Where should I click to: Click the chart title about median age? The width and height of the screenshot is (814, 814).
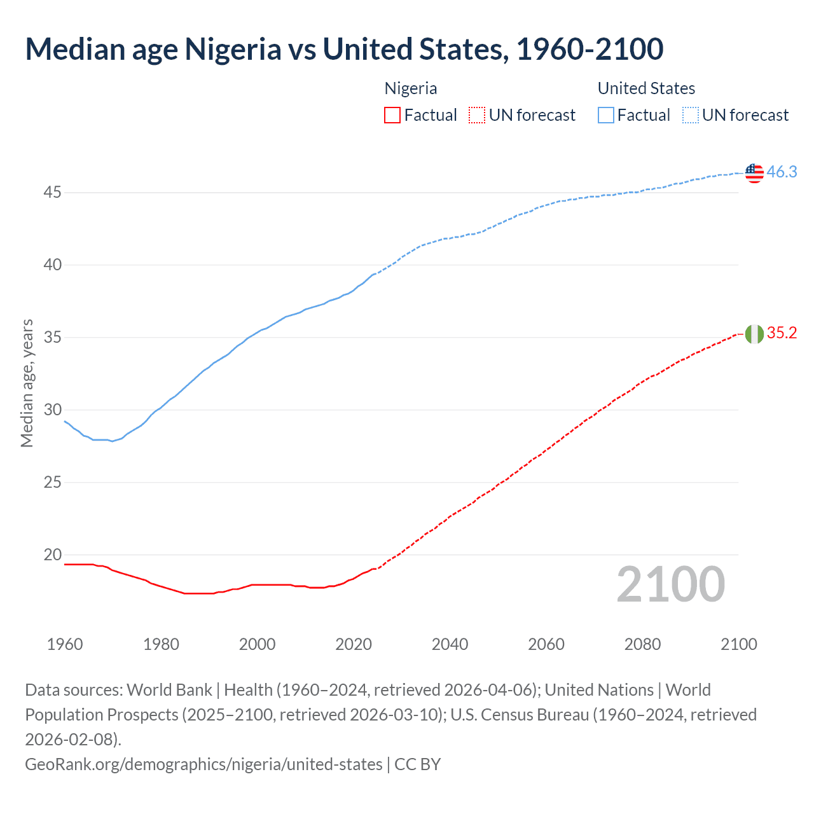(344, 49)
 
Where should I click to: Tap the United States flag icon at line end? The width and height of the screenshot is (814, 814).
(754, 172)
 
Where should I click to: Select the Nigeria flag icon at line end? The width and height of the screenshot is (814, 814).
(754, 334)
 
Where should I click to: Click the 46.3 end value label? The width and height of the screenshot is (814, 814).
(782, 172)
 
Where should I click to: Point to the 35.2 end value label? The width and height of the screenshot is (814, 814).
(782, 333)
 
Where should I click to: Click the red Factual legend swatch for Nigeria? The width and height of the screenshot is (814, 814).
(392, 115)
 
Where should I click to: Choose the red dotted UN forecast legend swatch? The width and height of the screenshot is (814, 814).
(477, 115)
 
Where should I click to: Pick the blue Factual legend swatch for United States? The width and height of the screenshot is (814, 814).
(606, 115)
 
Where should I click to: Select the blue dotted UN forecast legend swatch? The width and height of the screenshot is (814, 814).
(690, 115)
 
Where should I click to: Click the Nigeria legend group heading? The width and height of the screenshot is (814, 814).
(411, 88)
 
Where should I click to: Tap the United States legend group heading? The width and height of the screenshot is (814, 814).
(646, 88)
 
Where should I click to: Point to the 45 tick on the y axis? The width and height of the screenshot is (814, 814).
(53, 192)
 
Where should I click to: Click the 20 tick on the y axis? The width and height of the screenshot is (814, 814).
(53, 555)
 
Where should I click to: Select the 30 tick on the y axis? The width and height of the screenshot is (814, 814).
(53, 410)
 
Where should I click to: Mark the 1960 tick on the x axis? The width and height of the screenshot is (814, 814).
(65, 644)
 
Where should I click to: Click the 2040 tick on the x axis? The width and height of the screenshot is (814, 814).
(450, 644)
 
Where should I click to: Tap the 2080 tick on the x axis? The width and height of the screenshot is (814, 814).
(642, 644)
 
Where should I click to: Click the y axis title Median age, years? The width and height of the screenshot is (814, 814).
(27, 383)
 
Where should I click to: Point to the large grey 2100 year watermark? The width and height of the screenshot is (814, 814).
(670, 584)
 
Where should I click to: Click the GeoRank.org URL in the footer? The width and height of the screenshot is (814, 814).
(203, 764)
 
